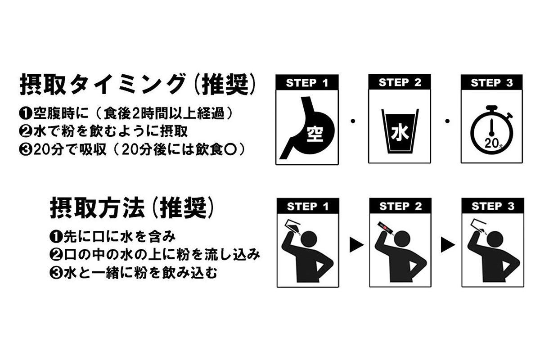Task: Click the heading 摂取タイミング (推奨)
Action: (137, 84)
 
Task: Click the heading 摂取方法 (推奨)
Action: (131, 207)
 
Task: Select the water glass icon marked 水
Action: (400, 131)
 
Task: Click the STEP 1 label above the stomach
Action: (307, 83)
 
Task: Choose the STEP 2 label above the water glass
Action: (400, 82)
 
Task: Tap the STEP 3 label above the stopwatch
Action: (492, 83)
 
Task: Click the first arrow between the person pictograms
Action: (356, 245)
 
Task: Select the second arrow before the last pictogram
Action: (448, 245)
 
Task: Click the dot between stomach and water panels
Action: (353, 121)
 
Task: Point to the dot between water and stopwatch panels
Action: (447, 121)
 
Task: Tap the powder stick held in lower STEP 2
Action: (385, 228)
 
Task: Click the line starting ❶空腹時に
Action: (126, 113)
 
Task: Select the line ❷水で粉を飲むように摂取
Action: (103, 131)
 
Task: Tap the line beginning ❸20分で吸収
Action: (132, 149)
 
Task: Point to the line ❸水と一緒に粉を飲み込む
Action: (133, 273)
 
